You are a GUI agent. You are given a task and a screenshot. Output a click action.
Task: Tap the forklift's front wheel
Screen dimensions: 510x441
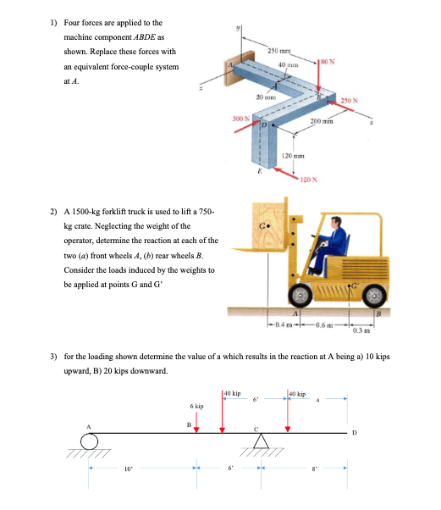click(x=300, y=293)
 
